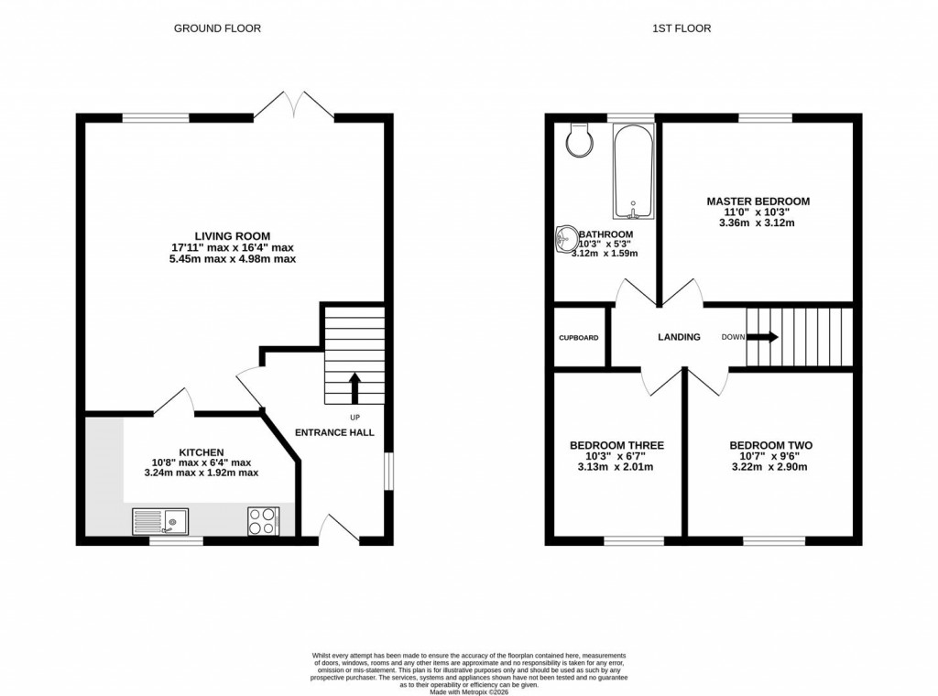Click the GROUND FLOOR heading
tap(217, 28)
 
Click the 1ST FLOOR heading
tap(681, 28)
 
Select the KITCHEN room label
tap(201, 452)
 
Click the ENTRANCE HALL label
tap(333, 432)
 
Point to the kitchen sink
tap(160, 521)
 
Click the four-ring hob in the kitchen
tap(263, 521)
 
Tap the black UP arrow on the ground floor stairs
tap(354, 386)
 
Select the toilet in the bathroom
tap(579, 137)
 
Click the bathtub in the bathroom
tap(632, 172)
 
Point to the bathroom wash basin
tap(565, 240)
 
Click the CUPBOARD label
tap(579, 338)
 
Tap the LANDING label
tap(679, 337)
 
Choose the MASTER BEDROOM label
tap(758, 201)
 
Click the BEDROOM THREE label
tap(616, 445)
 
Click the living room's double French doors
tap(294, 105)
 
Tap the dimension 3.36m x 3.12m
tap(758, 223)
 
